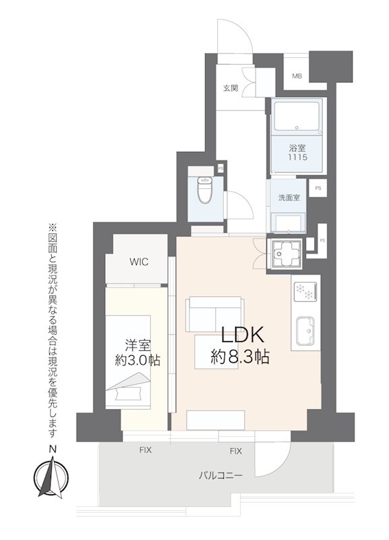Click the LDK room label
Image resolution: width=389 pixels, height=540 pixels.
(242, 334)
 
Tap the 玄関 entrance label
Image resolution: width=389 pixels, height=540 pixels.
(231, 88)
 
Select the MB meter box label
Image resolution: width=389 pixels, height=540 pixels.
(297, 76)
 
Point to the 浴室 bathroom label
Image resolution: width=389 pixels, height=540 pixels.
(297, 148)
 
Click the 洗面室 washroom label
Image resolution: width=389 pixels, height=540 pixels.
(289, 198)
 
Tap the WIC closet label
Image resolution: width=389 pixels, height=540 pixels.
(139, 262)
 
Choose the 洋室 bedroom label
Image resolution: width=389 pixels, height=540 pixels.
(138, 345)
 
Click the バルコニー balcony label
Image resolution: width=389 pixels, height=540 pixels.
(220, 476)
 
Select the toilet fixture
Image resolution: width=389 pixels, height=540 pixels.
(206, 188)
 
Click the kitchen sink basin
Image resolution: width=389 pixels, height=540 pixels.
(305, 331)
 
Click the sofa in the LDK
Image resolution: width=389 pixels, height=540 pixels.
(215, 315)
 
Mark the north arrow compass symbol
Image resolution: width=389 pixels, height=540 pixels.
(51, 477)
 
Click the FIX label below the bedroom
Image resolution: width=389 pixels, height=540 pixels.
(146, 450)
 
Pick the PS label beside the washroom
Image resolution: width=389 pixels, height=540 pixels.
(318, 188)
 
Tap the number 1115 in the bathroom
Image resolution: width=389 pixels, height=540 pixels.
(297, 158)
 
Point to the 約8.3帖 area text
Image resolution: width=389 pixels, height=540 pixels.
(240, 357)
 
